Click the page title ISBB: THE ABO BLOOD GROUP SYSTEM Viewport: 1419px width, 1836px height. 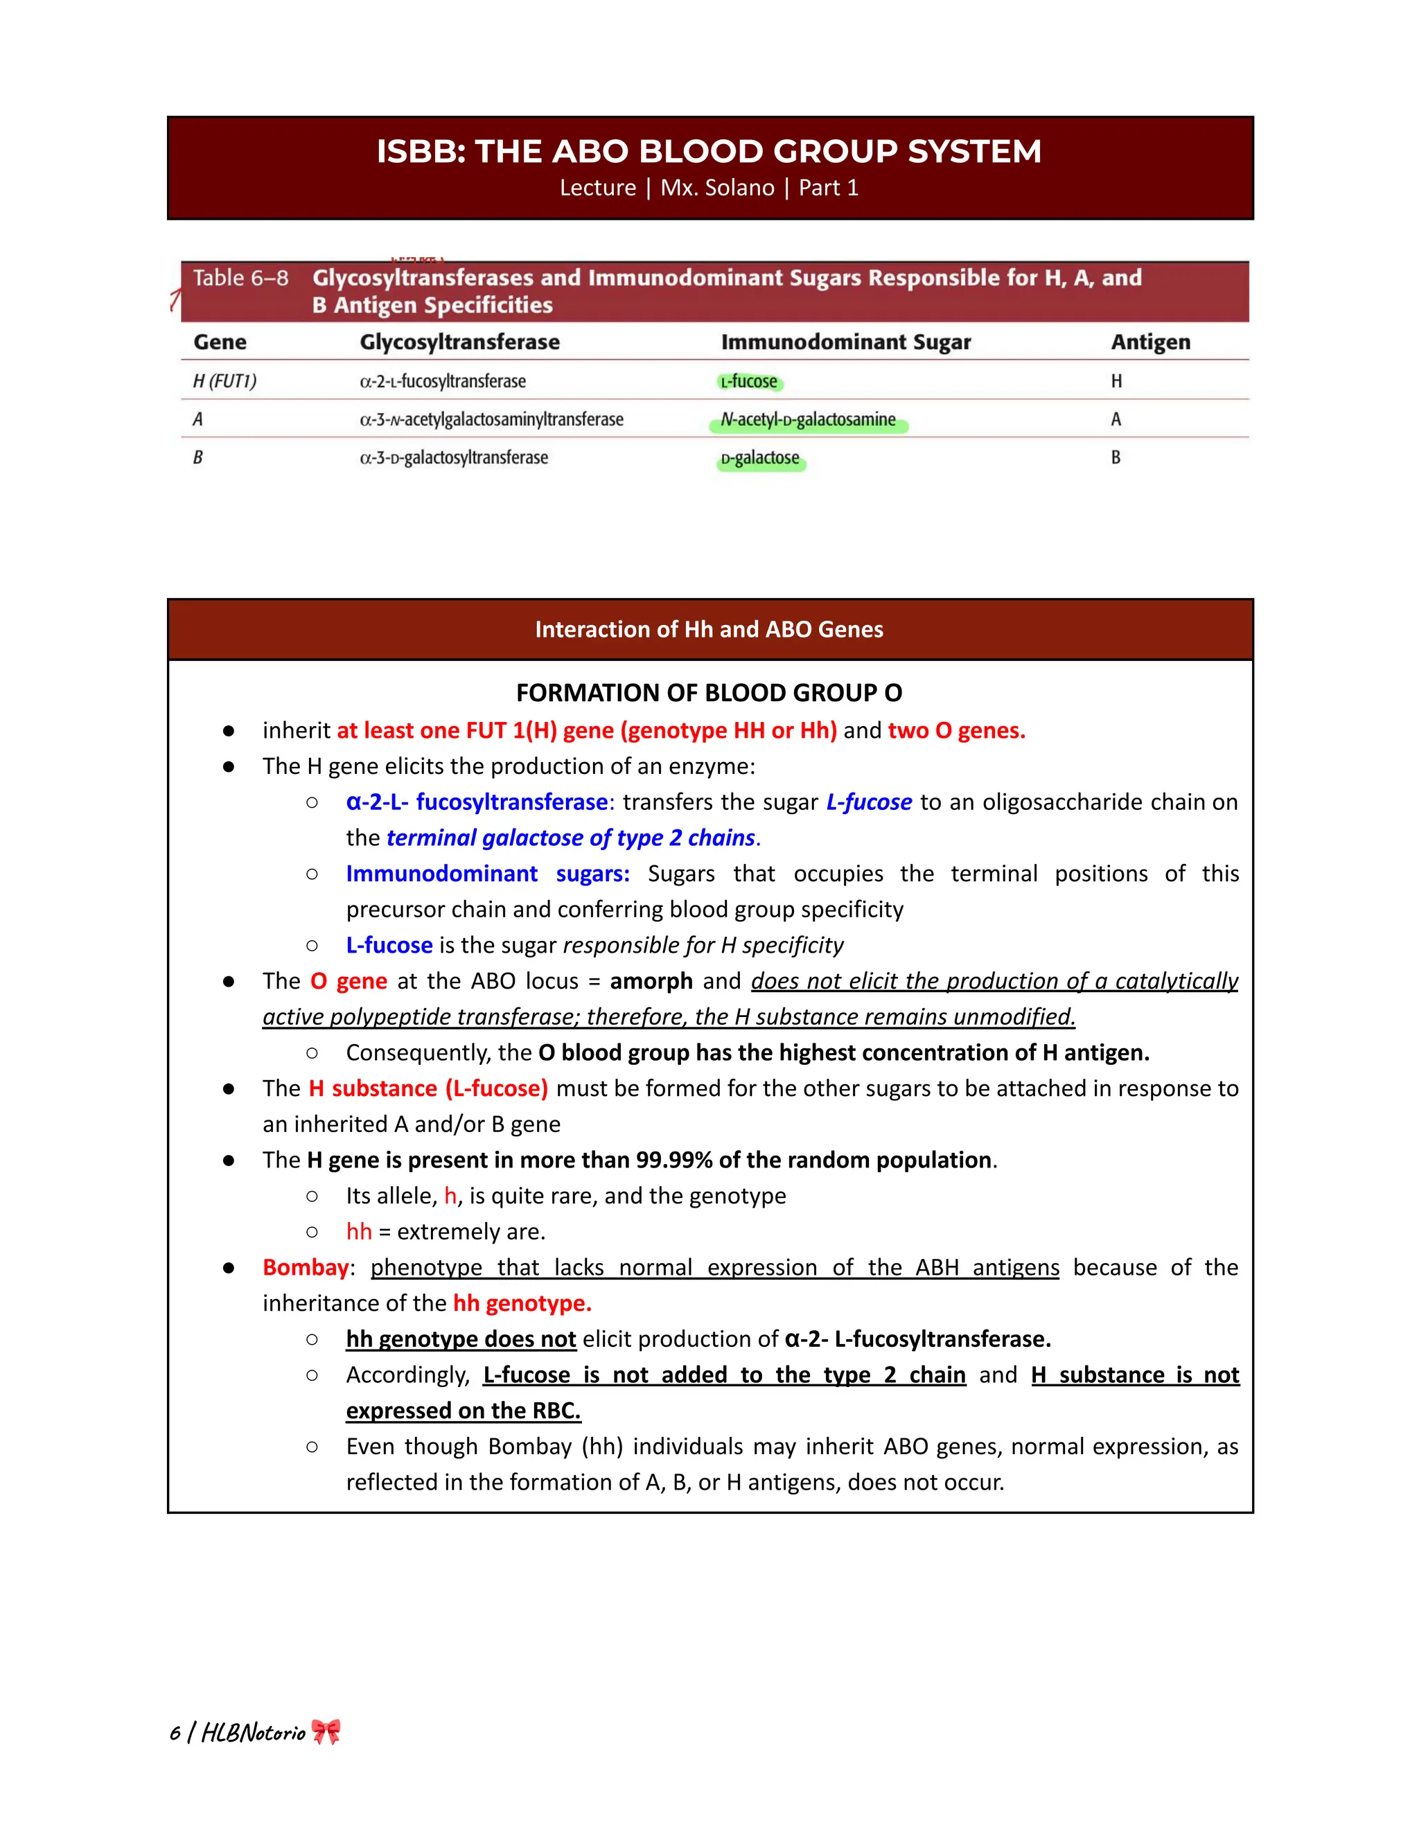pyautogui.click(x=709, y=152)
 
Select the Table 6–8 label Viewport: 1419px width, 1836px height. pyautogui.click(x=240, y=279)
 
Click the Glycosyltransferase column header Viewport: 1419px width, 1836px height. pyautogui.click(x=459, y=342)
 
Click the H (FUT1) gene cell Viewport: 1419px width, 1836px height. pyautogui.click(x=224, y=382)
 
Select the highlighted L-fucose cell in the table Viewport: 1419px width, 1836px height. pyautogui.click(x=749, y=382)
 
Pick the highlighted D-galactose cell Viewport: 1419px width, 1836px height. pyautogui.click(x=760, y=458)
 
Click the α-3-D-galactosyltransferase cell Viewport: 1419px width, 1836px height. pyautogui.click(x=453, y=458)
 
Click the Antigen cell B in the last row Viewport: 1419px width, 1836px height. pyautogui.click(x=1116, y=458)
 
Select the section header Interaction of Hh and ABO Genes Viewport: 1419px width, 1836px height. pyautogui.click(x=709, y=630)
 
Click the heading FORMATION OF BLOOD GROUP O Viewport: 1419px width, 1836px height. pyautogui.click(x=709, y=693)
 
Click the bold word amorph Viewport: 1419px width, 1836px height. pyautogui.click(x=651, y=981)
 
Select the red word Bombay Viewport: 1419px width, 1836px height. pyautogui.click(x=305, y=1267)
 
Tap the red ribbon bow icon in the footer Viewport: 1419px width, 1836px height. pyautogui.click(x=326, y=1732)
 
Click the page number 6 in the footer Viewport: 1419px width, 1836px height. pyautogui.click(x=175, y=1733)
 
